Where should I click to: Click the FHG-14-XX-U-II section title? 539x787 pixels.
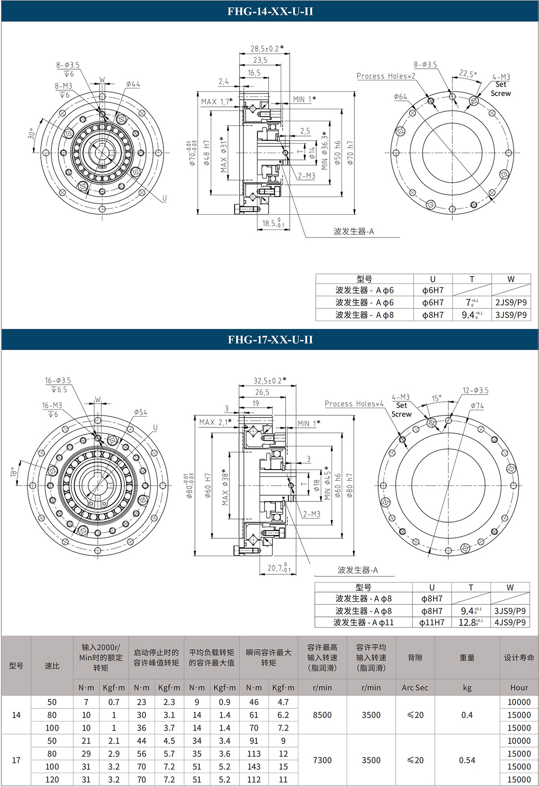(270, 11)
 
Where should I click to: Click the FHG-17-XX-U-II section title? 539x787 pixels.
(270, 339)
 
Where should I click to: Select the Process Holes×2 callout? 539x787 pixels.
(386, 76)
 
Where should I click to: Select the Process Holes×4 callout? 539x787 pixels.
(354, 404)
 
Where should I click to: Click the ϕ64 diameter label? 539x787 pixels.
(400, 97)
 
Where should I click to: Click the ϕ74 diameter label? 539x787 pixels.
(477, 405)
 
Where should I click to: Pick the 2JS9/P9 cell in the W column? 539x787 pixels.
(511, 303)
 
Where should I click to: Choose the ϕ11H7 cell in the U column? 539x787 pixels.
(432, 623)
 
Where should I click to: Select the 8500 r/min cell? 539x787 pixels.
(322, 715)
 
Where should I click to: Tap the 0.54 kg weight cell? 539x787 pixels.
(467, 760)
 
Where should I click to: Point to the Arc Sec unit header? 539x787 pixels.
(415, 687)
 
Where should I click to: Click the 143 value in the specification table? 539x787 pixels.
(254, 766)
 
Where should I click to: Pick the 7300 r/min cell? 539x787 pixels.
(322, 760)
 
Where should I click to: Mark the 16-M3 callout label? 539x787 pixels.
(52, 405)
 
